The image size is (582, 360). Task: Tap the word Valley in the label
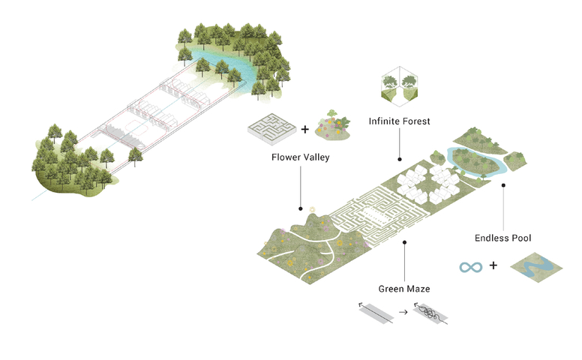(x=315, y=157)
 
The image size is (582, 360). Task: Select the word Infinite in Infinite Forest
(x=383, y=121)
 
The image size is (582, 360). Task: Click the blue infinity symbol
(x=470, y=266)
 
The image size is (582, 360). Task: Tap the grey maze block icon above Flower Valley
(x=269, y=128)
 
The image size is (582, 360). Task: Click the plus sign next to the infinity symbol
(x=493, y=265)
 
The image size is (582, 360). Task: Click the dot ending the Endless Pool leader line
(x=503, y=184)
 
